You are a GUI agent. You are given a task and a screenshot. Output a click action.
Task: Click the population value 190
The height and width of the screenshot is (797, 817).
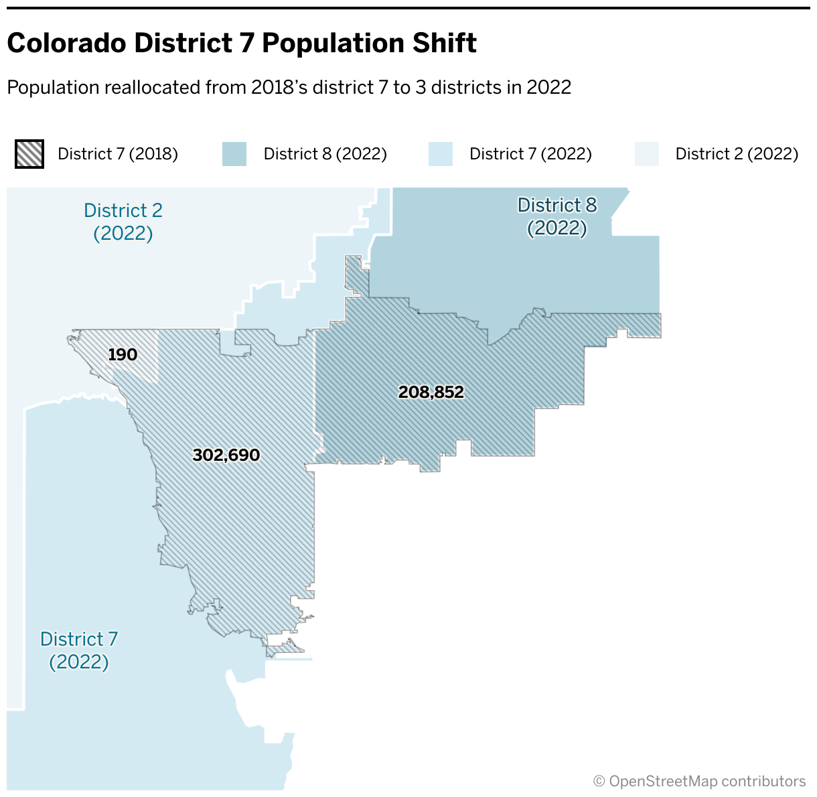coord(123,354)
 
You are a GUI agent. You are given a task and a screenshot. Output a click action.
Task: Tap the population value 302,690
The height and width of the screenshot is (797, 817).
coord(226,455)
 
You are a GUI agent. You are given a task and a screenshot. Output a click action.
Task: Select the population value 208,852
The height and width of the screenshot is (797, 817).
coord(431,392)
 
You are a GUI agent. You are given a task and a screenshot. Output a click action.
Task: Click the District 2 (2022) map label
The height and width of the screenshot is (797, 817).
coord(123,222)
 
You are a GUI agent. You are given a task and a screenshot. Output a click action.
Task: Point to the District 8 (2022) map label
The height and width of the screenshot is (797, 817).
coord(557,216)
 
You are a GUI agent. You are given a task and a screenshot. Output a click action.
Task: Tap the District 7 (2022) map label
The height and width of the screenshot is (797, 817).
coord(79,650)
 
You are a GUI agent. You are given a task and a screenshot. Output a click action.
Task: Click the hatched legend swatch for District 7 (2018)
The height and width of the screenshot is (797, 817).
coord(29,154)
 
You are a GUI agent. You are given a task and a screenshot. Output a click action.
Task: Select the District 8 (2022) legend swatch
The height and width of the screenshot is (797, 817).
coord(234,154)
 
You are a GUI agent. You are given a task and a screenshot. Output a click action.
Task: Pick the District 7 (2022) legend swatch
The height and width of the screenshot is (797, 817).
coord(441,154)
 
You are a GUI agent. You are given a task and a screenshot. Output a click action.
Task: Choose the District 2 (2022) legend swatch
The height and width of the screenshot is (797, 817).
coord(647,154)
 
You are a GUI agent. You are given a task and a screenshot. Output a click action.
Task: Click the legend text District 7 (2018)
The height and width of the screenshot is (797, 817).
coord(118,154)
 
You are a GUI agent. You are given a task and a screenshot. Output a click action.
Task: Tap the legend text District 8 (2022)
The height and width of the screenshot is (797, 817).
coord(325,154)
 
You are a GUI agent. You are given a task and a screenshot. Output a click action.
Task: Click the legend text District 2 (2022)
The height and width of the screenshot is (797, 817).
coord(737,154)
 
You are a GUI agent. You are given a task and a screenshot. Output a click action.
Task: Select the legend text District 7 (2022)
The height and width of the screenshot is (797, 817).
coord(530,154)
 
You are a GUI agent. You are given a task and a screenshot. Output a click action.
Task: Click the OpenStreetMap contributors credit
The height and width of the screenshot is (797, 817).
coord(700,782)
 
